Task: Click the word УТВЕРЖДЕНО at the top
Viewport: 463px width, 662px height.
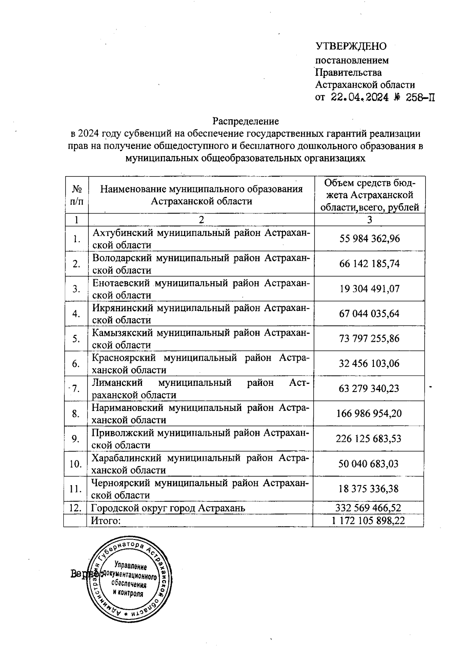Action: tap(351, 47)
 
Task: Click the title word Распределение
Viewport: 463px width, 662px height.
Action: tap(246, 121)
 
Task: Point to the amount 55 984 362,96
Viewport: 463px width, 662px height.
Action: tap(369, 239)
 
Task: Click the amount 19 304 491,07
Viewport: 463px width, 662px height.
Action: tap(369, 289)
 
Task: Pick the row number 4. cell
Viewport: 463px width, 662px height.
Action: tap(76, 314)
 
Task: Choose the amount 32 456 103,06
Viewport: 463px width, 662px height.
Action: tap(369, 363)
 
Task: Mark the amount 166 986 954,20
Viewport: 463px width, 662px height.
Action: tap(369, 414)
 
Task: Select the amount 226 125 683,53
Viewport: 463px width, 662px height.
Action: tap(369, 439)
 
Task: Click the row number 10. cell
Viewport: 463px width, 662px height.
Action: tap(76, 463)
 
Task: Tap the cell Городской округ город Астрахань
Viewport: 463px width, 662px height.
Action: tap(168, 508)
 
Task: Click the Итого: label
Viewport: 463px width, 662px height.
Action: tap(106, 521)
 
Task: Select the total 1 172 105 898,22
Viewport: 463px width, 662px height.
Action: tap(368, 521)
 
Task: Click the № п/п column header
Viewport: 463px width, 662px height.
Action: tap(77, 195)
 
